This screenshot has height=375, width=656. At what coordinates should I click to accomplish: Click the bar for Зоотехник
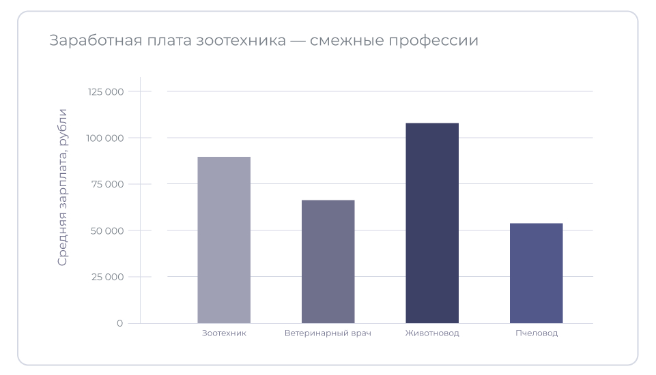[x=224, y=240]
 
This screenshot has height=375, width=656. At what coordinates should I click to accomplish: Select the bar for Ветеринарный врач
[x=328, y=261]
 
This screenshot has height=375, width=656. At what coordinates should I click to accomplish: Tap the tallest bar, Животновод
[x=432, y=223]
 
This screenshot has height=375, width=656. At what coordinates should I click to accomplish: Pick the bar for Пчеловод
[x=536, y=273]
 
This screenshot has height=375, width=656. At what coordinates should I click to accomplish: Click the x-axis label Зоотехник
[x=224, y=333]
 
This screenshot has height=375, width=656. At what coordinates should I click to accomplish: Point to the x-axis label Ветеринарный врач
[x=328, y=333]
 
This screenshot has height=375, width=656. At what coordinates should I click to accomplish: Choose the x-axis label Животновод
[x=432, y=333]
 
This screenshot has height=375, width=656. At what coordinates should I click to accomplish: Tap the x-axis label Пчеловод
[x=536, y=333]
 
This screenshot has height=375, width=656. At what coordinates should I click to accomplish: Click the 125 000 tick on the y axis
[x=105, y=91]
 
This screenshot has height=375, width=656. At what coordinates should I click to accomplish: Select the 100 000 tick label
[x=105, y=138]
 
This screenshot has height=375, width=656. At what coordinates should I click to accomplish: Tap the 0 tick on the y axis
[x=119, y=323]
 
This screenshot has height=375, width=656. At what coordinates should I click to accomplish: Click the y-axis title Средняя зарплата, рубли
[x=63, y=187]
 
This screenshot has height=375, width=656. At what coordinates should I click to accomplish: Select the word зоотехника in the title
[x=241, y=41]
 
